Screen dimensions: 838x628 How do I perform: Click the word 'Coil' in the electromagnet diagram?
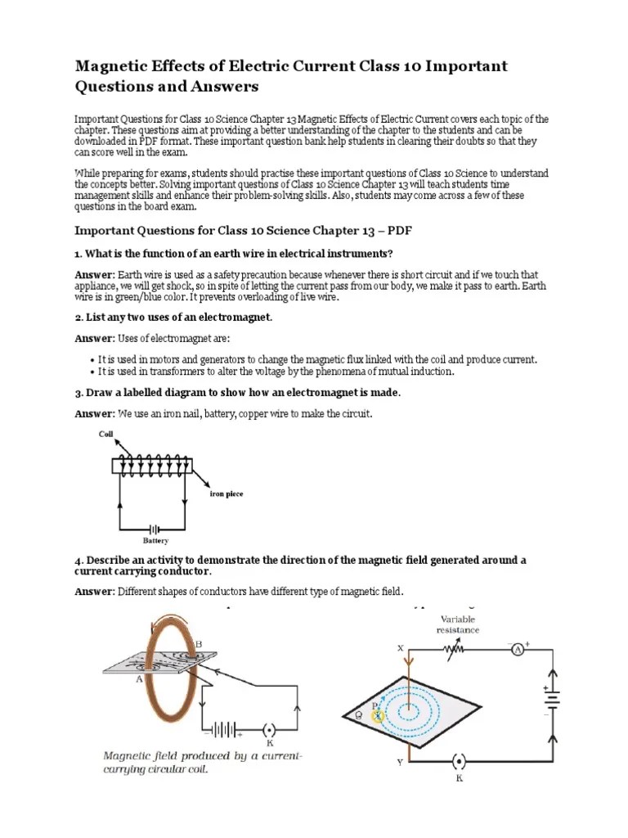105,435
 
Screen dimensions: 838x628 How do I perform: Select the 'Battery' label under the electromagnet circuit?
155,541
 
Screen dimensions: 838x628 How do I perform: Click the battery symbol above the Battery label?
155,529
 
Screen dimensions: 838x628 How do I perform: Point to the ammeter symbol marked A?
517,649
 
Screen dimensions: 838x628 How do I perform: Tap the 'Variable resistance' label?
457,624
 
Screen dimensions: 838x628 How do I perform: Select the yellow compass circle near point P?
378,715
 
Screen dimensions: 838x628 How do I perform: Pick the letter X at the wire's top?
401,647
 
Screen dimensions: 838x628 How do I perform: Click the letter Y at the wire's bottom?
400,763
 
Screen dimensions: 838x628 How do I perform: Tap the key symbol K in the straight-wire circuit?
459,763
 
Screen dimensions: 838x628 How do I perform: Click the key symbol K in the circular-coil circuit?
270,729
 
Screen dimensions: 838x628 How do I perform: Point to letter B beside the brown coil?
197,645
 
